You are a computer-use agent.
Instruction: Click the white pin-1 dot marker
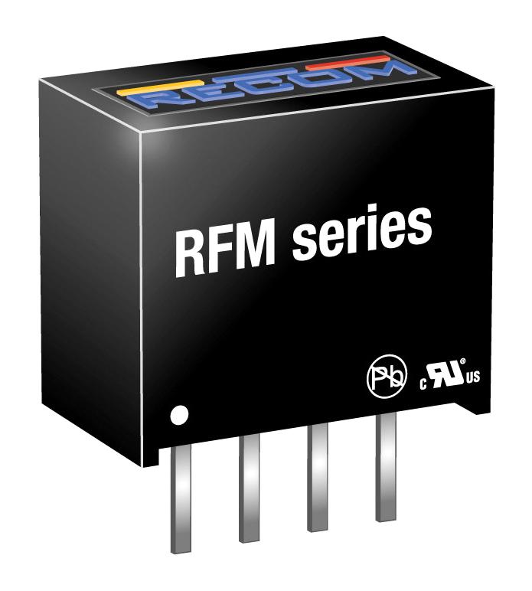point(179,415)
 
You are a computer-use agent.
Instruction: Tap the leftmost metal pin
point(181,500)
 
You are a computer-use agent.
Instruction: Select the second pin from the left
point(249,488)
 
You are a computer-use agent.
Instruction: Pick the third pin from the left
point(317,477)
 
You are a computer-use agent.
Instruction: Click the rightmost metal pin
point(386,467)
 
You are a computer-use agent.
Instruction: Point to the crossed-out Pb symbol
point(387,378)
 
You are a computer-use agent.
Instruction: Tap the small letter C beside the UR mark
point(423,384)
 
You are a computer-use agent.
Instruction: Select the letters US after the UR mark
point(473,377)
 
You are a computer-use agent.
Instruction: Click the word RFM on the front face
point(225,251)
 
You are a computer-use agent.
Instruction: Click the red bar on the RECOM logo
point(347,63)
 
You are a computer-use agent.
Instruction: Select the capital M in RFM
point(253,247)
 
